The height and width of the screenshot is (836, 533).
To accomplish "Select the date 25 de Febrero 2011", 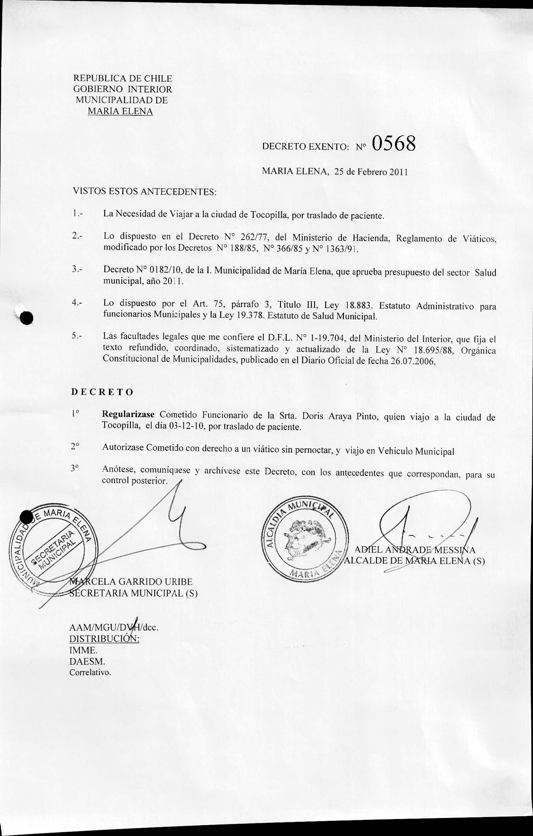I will click(x=371, y=172).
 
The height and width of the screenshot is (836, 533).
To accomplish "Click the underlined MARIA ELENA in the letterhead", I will click(x=120, y=111).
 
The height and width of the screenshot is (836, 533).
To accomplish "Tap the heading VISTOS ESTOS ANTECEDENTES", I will click(x=144, y=191).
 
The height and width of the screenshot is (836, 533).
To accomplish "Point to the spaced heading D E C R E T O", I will click(x=103, y=392).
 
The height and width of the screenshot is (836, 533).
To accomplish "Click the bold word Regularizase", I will click(x=128, y=415).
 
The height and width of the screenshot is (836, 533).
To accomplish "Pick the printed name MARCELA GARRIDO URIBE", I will click(x=131, y=582).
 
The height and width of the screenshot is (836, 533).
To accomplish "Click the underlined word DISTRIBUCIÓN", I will click(x=104, y=639).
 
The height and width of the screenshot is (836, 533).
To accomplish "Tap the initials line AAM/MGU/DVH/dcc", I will click(x=114, y=628).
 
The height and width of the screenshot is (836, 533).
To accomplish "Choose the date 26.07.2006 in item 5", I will click(x=412, y=361).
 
